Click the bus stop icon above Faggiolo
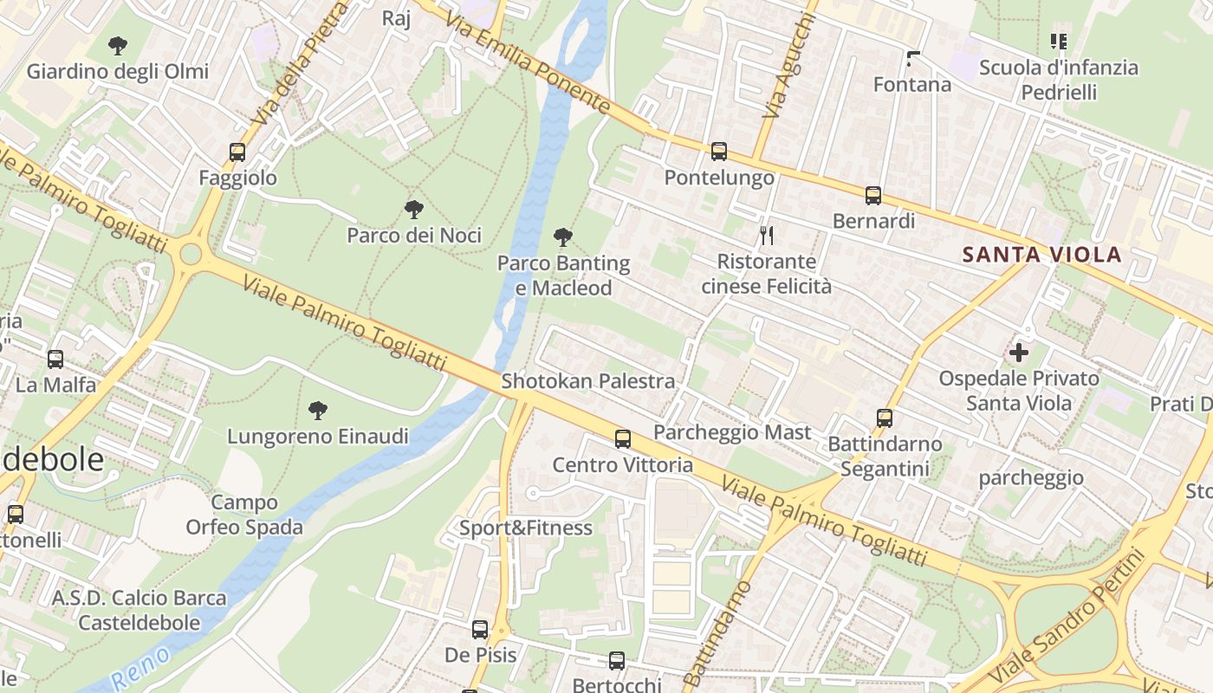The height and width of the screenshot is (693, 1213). tap(237, 152)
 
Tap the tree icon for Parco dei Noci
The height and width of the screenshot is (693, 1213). tap(414, 209)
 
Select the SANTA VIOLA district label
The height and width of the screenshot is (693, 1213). tap(1042, 255)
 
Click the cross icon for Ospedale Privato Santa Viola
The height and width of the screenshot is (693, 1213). tap(1019, 353)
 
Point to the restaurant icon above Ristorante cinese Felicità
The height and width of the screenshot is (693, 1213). tap(766, 235)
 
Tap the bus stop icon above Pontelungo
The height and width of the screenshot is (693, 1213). tap(719, 152)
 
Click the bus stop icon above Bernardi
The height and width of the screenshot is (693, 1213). tap(873, 196)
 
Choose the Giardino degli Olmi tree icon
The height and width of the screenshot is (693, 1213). tap(118, 45)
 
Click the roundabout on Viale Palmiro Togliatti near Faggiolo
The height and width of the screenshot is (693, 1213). tap(190, 255)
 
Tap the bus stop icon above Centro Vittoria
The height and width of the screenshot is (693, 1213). tap(623, 439)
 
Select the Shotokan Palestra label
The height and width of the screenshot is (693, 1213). tap(587, 381)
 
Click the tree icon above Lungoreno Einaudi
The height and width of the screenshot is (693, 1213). tap(318, 410)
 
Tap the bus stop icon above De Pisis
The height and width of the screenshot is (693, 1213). tap(480, 630)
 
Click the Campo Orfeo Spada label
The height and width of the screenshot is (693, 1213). tap(244, 515)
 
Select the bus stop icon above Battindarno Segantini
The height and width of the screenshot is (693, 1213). tap(885, 418)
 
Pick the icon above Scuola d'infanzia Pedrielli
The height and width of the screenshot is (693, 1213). tap(1058, 41)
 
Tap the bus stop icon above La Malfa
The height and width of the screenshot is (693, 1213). tap(55, 359)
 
